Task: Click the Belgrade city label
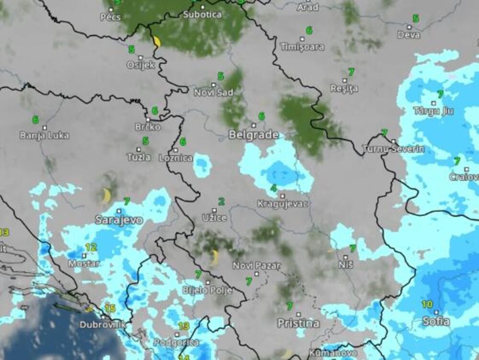pos(253,135)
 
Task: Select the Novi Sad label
pos(214,92)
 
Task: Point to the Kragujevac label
pos(283,203)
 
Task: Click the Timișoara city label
pos(302,47)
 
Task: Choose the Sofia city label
pos(436,321)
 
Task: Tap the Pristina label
pos(298,323)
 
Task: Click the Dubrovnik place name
pos(103,325)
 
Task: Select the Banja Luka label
pos(45,135)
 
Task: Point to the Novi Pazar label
pos(257,265)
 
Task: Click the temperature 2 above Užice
pos(221,202)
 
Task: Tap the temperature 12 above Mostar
pos(91,247)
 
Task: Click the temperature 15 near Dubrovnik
pos(110,309)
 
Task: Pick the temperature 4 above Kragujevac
pos(274,188)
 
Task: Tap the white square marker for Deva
pos(409,27)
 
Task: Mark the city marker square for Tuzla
pos(139,149)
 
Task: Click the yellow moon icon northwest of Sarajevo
pos(106,195)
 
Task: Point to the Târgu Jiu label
pos(433,111)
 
